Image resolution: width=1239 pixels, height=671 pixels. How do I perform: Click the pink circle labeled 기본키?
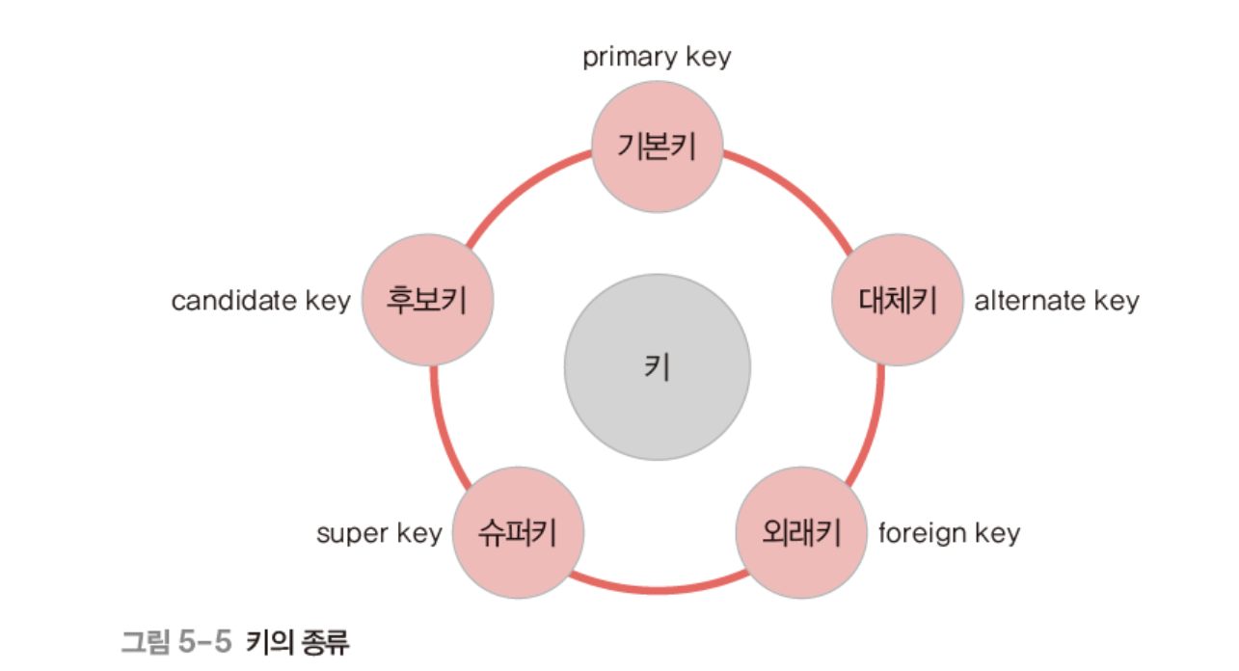pos(657,147)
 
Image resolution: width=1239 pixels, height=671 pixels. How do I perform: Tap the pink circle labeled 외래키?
pos(801,531)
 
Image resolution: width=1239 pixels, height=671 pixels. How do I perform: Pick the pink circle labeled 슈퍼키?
pos(518,532)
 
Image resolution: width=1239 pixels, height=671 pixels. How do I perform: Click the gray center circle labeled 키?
pos(657,367)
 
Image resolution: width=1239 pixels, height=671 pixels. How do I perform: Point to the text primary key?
pos(657,57)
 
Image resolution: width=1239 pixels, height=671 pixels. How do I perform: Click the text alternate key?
pos(1057,301)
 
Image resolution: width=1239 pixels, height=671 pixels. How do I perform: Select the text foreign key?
pos(949,533)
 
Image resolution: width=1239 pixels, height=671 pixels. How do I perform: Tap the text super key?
pos(379,533)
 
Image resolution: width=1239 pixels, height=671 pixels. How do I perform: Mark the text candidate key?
pos(261,301)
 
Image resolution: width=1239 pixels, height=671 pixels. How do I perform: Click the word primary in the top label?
pos(629,57)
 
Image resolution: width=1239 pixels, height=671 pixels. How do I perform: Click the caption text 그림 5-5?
pos(176,642)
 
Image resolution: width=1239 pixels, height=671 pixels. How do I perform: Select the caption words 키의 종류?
pos(298,642)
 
